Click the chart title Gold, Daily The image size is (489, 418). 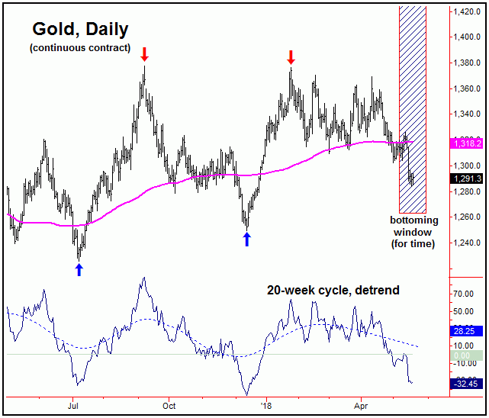pyautogui.click(x=80, y=30)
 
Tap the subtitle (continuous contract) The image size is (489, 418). pyautogui.click(x=80, y=49)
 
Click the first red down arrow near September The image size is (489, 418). pyautogui.click(x=145, y=55)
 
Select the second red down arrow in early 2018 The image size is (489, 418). pyautogui.click(x=291, y=56)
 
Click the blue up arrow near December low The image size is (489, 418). pyautogui.click(x=246, y=240)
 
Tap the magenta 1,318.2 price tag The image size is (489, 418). pyautogui.click(x=466, y=143)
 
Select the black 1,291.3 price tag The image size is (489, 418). pyautogui.click(x=466, y=178)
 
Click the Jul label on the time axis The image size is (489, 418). pyautogui.click(x=73, y=405)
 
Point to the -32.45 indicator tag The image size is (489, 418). pyautogui.click(x=466, y=383)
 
